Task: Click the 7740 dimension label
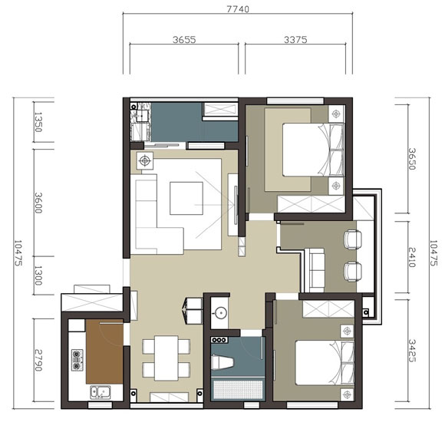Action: tap(238, 9)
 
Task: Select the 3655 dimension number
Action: tap(184, 39)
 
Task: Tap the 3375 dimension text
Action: tap(295, 39)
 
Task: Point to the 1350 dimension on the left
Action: tap(38, 122)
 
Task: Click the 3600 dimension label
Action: tap(38, 203)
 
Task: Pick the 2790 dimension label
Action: tap(38, 360)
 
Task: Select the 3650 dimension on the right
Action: tap(412, 159)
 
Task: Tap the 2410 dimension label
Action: tap(412, 257)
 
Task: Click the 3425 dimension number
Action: tap(412, 351)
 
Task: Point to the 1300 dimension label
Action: tap(38, 275)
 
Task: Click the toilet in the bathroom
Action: tap(222, 363)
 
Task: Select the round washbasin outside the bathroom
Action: tap(220, 313)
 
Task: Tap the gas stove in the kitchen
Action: tap(77, 360)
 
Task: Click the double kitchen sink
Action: tap(101, 392)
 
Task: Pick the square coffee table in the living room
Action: tap(186, 198)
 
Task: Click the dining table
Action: tap(166, 358)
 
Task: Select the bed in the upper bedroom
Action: tap(313, 150)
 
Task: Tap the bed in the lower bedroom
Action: tap(325, 363)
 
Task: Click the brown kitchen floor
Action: tap(104, 351)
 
